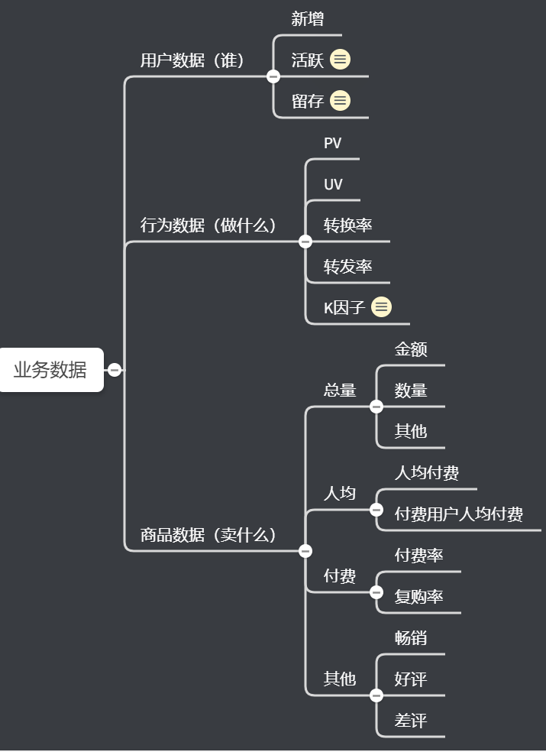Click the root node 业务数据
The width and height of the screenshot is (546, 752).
click(x=50, y=370)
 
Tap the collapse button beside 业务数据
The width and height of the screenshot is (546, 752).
click(x=115, y=370)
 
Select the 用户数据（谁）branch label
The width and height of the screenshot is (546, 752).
click(x=192, y=61)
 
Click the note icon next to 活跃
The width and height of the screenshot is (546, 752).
click(x=341, y=60)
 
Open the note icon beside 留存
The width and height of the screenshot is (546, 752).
click(x=341, y=101)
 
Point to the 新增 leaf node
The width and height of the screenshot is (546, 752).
click(x=308, y=19)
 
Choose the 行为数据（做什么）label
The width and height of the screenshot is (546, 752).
click(x=208, y=225)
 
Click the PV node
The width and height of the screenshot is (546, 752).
click(x=333, y=143)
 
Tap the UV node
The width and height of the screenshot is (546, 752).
click(x=333, y=184)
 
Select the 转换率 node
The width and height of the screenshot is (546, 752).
click(x=347, y=225)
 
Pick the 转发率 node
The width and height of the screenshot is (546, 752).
click(x=347, y=267)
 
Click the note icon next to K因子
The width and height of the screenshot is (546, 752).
click(x=381, y=307)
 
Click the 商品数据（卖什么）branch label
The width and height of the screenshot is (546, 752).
click(x=208, y=535)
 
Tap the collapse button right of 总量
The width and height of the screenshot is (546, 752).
click(x=376, y=407)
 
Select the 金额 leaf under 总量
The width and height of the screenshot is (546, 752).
click(x=411, y=349)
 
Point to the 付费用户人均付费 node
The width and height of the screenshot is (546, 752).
click(x=458, y=514)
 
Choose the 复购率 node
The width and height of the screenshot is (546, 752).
click(x=418, y=597)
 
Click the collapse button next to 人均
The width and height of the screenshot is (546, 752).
click(x=376, y=510)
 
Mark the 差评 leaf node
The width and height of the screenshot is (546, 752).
click(x=411, y=721)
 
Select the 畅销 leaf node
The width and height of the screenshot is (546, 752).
click(x=411, y=638)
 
